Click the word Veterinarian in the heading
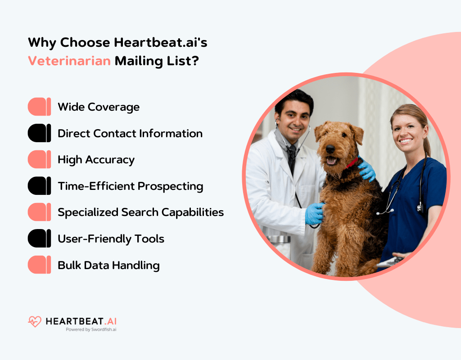[x=69, y=60]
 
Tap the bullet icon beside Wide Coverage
[x=39, y=107]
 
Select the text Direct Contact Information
[x=130, y=134]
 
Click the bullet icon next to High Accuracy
[x=39, y=160]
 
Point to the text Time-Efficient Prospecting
[x=130, y=186]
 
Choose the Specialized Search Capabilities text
[x=140, y=212]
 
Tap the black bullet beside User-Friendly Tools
[x=39, y=238]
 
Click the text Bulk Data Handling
[x=108, y=265]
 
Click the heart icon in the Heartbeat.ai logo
[x=35, y=321]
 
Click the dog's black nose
[x=330, y=148]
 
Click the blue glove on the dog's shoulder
[x=367, y=170]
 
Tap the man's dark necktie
[x=292, y=155]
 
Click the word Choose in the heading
[x=85, y=43]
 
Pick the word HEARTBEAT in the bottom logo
[x=74, y=321]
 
